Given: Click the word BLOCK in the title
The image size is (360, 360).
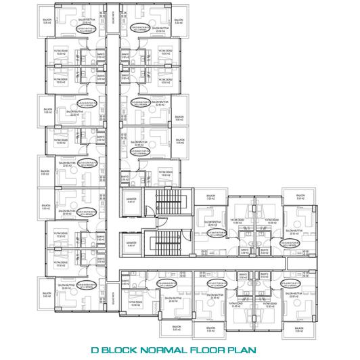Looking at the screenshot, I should coord(127,351).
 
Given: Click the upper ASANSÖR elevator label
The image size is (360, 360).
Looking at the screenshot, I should coord(131,200).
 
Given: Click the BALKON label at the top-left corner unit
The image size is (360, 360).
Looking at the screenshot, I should coord(46,22).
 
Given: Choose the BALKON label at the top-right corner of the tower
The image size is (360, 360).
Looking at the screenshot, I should coord(179,22).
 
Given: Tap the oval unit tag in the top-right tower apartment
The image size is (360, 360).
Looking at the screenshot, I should coord(140,28).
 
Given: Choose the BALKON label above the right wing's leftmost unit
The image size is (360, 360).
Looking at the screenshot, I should coord(211,198).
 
